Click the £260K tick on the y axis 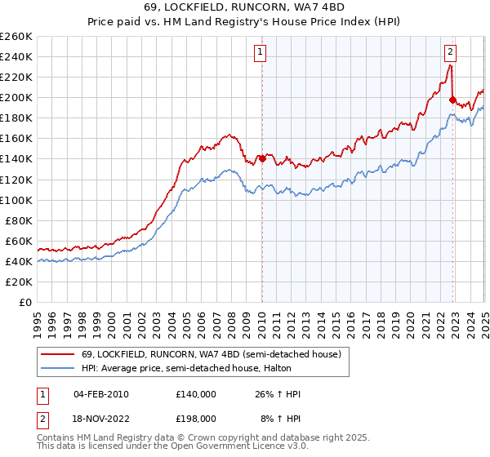coord(16,36)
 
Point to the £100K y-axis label coord(16,200)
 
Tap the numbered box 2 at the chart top coord(450,51)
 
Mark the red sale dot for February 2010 coord(262,158)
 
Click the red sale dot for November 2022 coord(452,100)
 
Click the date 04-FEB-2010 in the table coord(100,394)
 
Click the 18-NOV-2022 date coord(100,418)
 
